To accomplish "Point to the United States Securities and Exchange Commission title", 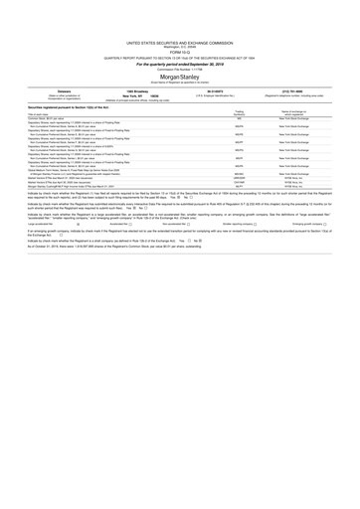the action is click(x=180, y=16).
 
